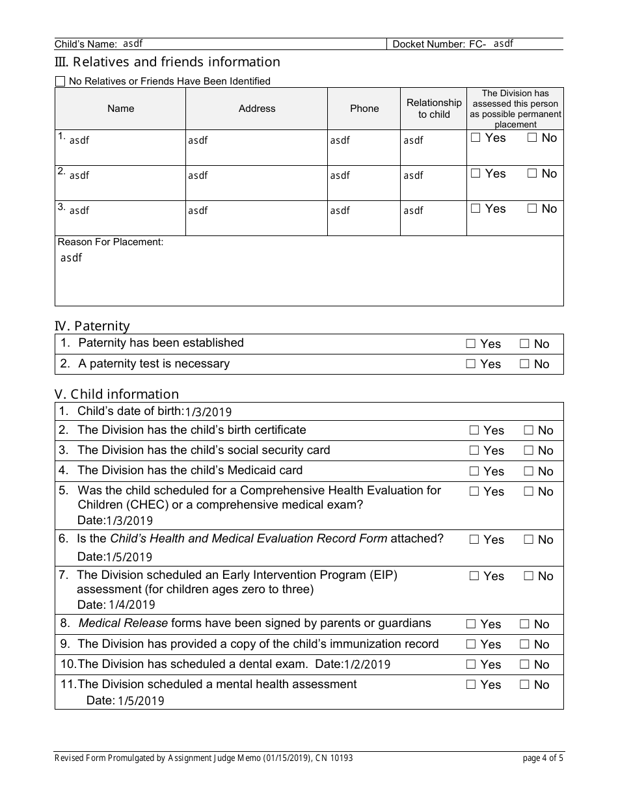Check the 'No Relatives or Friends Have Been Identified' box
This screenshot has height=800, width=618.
click(x=60, y=81)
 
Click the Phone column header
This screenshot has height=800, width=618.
click(x=364, y=109)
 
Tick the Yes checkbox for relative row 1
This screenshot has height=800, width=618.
click(x=476, y=138)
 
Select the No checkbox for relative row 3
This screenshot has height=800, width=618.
click(x=532, y=209)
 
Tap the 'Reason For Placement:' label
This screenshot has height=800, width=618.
click(x=111, y=242)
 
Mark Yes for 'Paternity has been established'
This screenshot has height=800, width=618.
click(x=471, y=344)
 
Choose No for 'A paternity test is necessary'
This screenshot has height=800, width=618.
click(x=524, y=364)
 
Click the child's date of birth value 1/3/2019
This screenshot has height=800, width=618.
click(x=208, y=412)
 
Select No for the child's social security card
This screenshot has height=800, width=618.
click(x=529, y=451)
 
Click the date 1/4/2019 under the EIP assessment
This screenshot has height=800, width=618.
click(x=132, y=605)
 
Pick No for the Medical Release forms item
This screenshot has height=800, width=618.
click(x=524, y=624)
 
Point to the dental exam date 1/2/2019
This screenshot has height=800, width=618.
click(x=367, y=665)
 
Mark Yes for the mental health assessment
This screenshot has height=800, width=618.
click(x=471, y=685)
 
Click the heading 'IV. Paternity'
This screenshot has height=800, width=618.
click(x=92, y=326)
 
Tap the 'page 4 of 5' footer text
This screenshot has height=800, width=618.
click(x=543, y=758)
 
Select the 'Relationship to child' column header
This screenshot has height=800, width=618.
click(x=434, y=109)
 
